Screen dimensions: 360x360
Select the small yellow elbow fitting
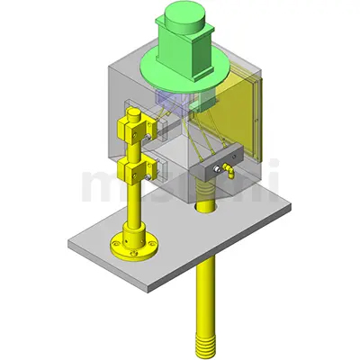tap(227, 173)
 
